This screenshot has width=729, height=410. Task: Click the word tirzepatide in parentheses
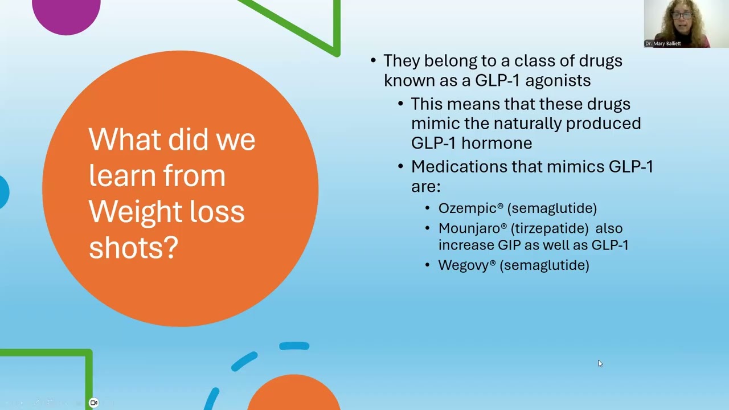550,228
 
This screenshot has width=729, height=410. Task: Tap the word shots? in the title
133,247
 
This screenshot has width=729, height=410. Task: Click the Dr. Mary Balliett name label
663,43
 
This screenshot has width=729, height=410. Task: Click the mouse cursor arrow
600,363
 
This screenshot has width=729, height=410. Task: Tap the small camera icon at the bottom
94,403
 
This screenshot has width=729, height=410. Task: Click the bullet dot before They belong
373,61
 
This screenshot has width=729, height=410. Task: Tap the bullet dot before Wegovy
428,265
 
